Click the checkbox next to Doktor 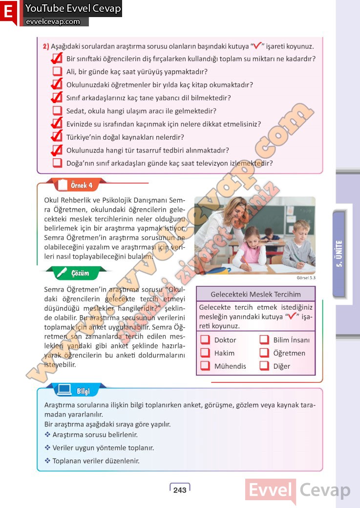coord(205,340)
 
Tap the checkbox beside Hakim coord(205,353)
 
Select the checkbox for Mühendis coord(205,366)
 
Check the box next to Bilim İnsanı coord(264,340)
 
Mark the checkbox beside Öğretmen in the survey coord(264,353)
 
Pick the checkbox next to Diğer coord(264,366)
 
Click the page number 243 coord(180,489)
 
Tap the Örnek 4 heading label coord(81,186)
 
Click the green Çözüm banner coord(80,273)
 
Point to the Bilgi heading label coord(83,390)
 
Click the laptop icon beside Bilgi coord(64,390)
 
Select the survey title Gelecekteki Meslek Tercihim coord(255,294)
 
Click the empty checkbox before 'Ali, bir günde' coord(57,72)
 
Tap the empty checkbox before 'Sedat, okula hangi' coord(57,111)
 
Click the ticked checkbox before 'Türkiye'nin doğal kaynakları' coord(57,137)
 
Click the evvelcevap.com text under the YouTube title coord(52,21)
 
